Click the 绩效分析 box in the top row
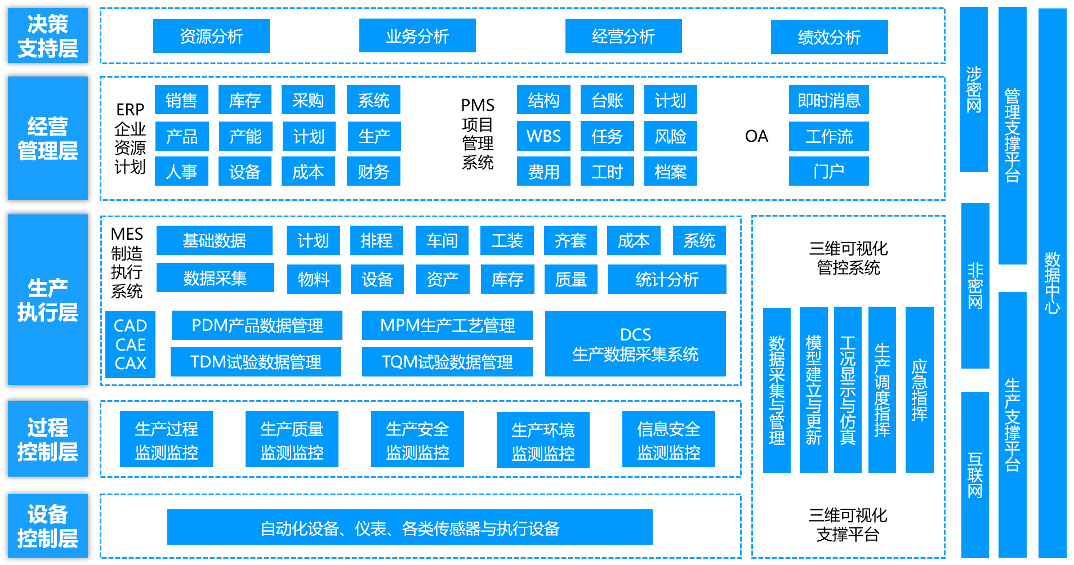(829, 37)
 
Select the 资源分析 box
(211, 36)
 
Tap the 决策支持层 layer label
(48, 35)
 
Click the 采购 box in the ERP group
(308, 100)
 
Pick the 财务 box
(373, 171)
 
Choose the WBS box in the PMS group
(543, 136)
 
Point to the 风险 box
(670, 136)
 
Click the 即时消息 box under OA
(828, 100)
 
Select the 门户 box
(828, 171)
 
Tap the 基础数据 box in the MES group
(214, 240)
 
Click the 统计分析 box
(667, 279)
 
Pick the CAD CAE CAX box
(130, 344)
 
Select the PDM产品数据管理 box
(257, 325)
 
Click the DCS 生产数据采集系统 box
(635, 344)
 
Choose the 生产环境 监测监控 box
(543, 440)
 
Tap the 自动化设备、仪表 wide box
(409, 527)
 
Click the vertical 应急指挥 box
(919, 389)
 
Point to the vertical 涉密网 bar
(974, 89)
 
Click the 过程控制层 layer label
(48, 439)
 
